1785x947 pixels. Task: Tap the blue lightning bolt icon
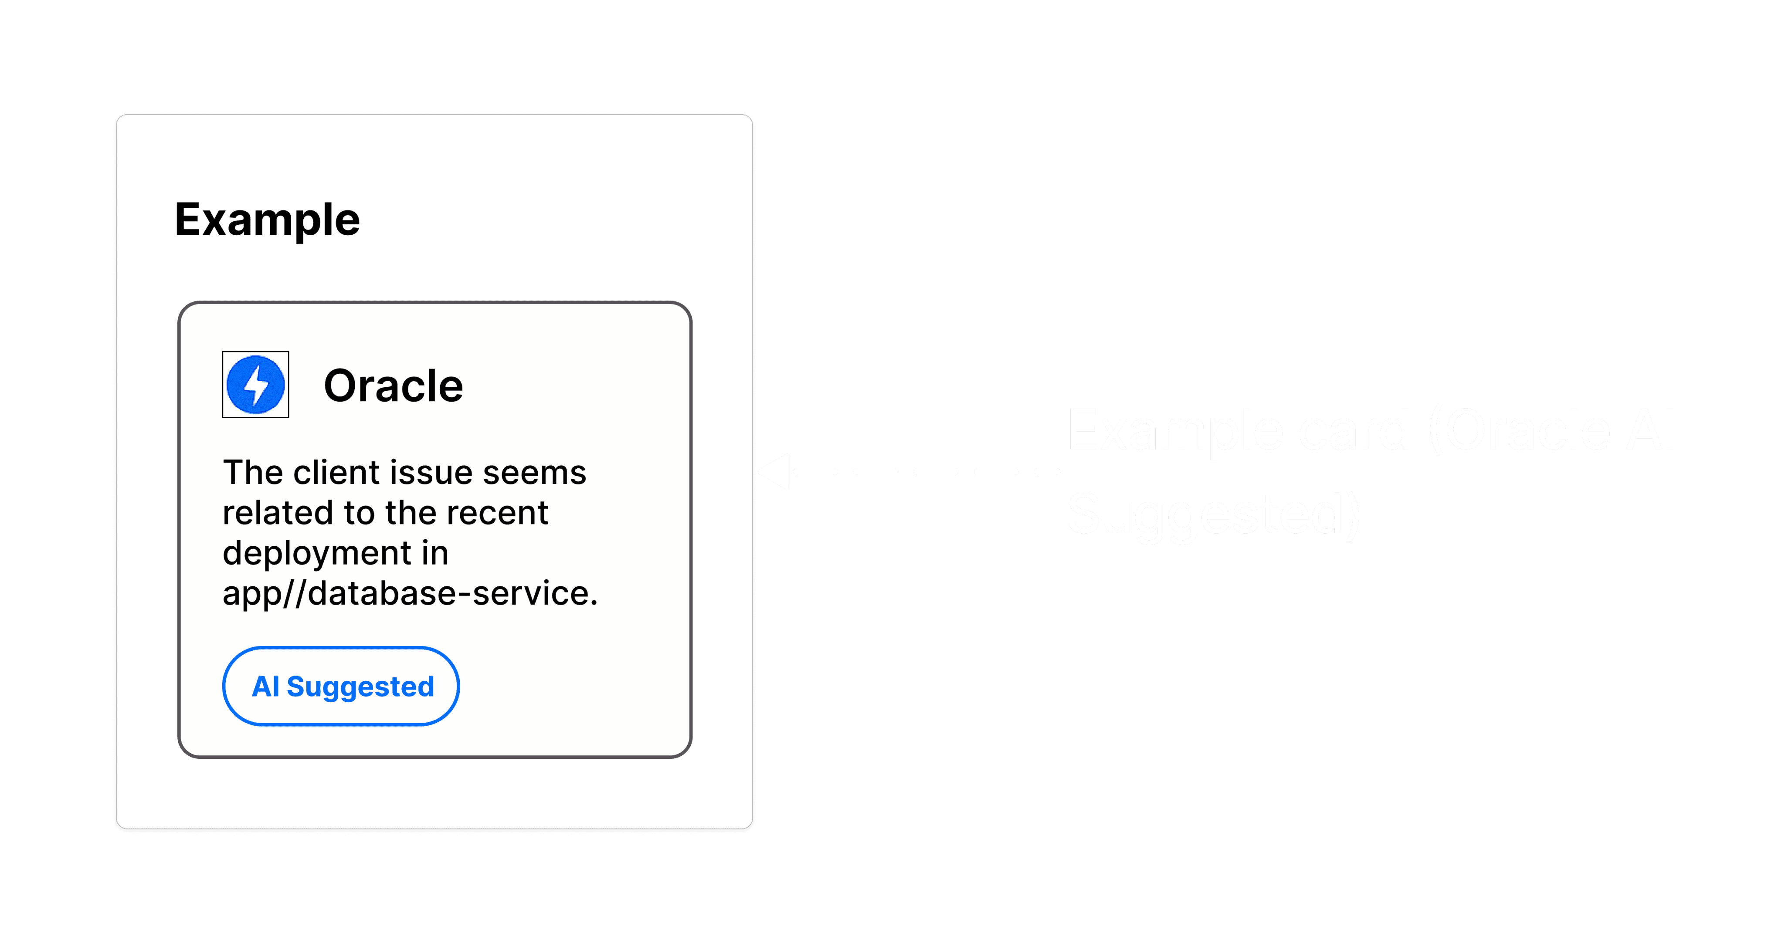point(256,385)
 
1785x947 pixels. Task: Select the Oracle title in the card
point(393,386)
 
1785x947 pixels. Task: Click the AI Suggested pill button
point(341,687)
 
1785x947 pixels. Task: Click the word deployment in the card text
point(317,554)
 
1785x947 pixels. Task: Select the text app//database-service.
point(410,594)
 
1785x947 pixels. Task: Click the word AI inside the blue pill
point(265,687)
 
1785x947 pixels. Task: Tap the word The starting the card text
point(253,473)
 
